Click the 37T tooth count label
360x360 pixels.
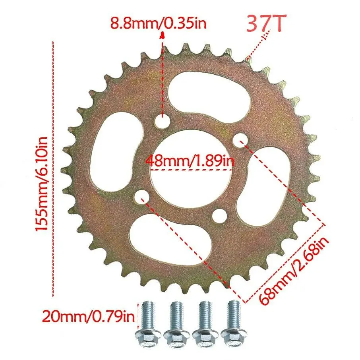(x=265, y=24)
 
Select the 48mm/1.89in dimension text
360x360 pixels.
(x=190, y=161)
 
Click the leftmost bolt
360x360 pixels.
(x=147, y=322)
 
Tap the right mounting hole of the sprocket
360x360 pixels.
(x=240, y=139)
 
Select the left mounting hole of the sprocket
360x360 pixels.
(x=141, y=196)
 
